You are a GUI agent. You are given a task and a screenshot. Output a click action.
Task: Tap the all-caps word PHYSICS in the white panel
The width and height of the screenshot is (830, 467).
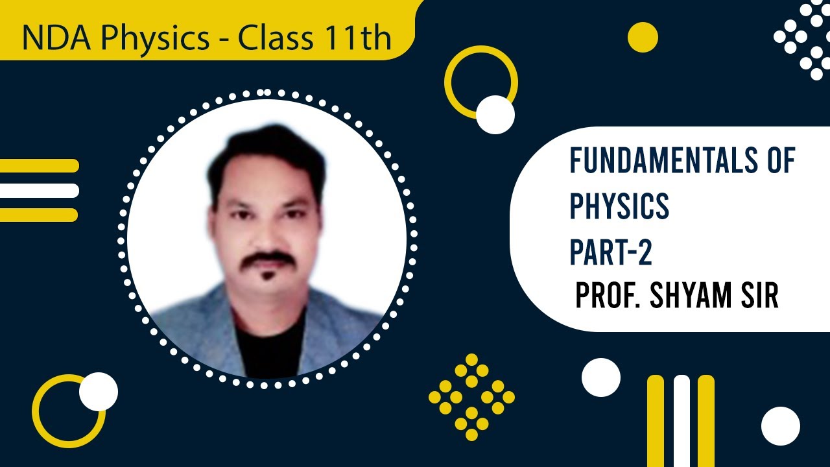619,207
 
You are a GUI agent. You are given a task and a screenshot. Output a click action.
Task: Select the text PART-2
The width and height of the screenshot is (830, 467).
611,253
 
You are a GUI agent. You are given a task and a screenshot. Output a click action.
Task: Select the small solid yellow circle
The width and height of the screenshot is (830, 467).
643,37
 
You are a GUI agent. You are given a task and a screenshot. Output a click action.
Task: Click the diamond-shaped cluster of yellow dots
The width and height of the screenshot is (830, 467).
471,396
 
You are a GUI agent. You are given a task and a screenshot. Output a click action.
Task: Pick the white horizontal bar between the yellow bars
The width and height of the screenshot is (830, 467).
39,190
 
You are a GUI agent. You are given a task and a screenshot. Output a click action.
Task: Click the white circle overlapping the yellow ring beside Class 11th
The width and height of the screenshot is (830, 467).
495,115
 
